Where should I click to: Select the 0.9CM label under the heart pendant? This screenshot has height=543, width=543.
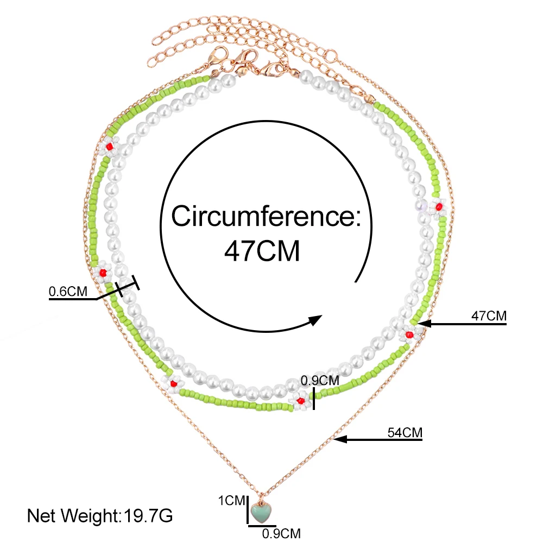[281, 533]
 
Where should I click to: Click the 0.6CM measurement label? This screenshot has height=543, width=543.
[68, 292]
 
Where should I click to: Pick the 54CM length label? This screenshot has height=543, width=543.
[405, 433]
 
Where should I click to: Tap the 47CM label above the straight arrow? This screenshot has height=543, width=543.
[488, 315]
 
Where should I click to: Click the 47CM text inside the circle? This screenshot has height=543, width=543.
[262, 252]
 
